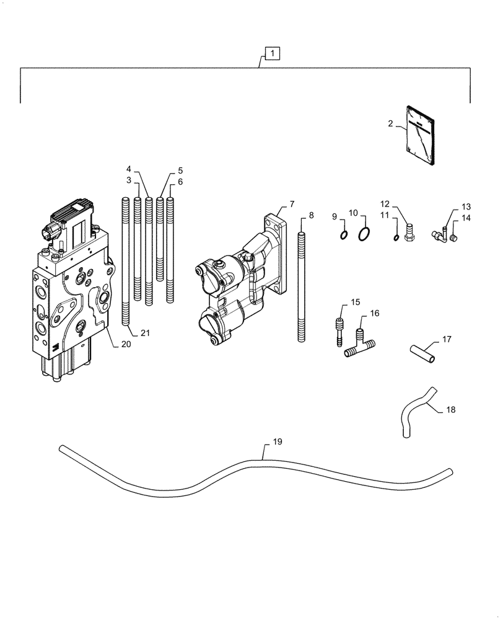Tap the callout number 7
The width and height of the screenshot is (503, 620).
(x=292, y=204)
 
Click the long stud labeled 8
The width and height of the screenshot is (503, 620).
(x=302, y=285)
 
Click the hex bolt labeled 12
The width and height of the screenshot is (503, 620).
(x=408, y=235)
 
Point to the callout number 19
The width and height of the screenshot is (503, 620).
(x=277, y=442)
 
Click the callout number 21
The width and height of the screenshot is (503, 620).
(x=145, y=333)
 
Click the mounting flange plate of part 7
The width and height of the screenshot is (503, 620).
(x=277, y=254)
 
